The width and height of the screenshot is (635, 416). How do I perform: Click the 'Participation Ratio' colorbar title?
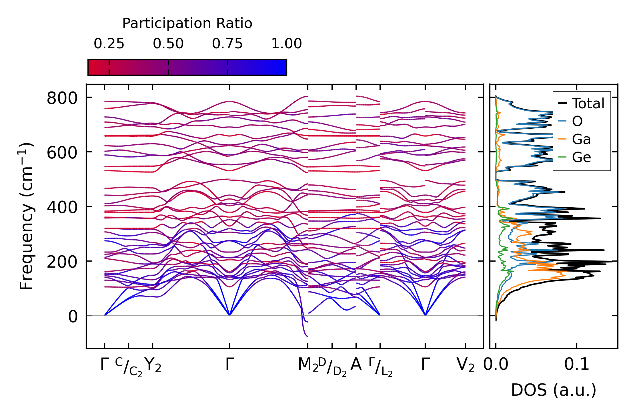pyautogui.click(x=187, y=23)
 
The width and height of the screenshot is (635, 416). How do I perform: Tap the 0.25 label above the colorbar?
pyautogui.click(x=109, y=44)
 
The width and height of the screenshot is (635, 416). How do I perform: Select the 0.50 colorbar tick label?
pyautogui.click(x=168, y=44)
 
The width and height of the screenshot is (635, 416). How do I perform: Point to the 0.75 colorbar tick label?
pyautogui.click(x=227, y=44)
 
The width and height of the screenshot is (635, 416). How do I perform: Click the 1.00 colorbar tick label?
pyautogui.click(x=286, y=44)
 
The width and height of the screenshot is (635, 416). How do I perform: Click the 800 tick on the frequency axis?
pyautogui.click(x=62, y=98)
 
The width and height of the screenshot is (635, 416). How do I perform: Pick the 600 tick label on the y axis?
pyautogui.click(x=62, y=153)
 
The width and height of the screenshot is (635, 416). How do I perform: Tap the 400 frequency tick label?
pyautogui.click(x=62, y=208)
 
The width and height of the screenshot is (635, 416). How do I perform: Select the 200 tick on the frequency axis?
pyautogui.click(x=62, y=262)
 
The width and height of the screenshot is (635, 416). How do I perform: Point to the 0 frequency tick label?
pyautogui.click(x=73, y=317)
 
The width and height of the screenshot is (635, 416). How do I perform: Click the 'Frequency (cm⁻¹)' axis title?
pyautogui.click(x=26, y=216)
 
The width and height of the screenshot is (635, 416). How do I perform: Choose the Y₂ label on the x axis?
pyautogui.click(x=153, y=365)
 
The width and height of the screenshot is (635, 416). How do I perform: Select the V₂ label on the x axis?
pyautogui.click(x=466, y=365)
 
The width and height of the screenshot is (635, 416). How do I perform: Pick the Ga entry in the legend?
pyautogui.click(x=581, y=140)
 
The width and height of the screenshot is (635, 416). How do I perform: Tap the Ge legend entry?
pyautogui.click(x=581, y=158)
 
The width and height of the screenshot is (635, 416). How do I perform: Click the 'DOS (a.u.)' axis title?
pyautogui.click(x=554, y=390)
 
